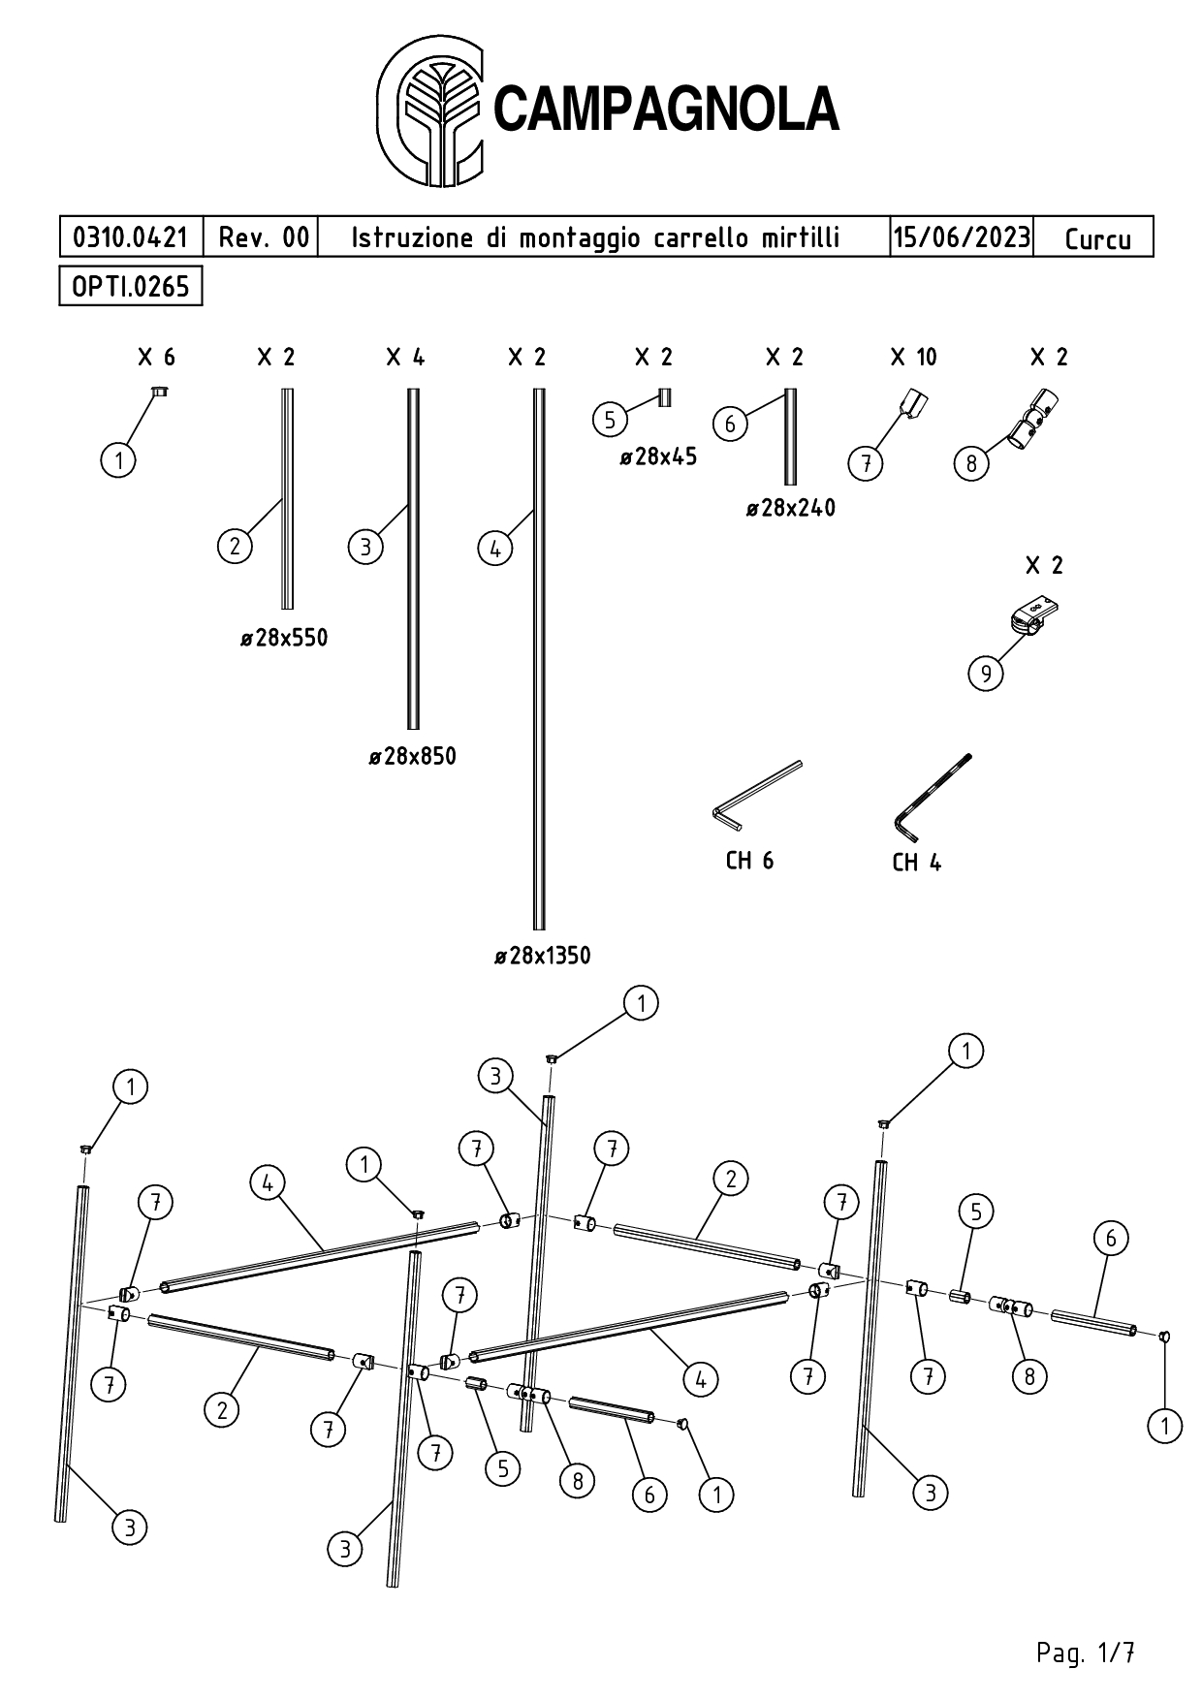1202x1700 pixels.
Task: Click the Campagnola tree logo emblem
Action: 430,111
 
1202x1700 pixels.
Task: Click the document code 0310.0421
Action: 131,236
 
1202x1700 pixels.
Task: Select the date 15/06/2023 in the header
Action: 961,236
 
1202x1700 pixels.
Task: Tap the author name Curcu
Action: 1096,238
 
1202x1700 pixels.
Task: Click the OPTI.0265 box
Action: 131,286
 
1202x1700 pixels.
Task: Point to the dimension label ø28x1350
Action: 542,956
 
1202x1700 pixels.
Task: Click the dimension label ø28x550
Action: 284,638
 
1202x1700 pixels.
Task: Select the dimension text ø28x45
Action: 658,456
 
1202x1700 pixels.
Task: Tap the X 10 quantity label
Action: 913,358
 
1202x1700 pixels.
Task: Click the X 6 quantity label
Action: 156,358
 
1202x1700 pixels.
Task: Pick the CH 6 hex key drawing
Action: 757,795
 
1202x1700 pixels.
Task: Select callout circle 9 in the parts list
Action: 986,673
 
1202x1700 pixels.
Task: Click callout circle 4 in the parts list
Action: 495,549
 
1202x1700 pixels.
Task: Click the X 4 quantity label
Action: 405,358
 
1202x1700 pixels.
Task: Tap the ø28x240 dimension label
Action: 790,508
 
